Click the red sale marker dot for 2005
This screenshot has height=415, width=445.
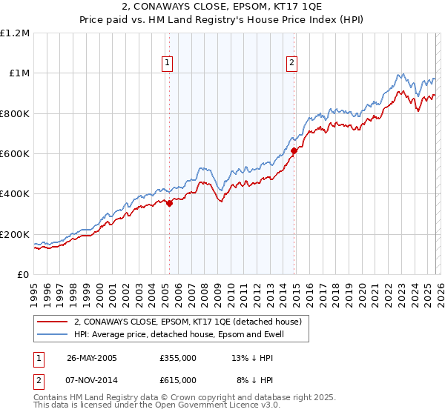coord(169,203)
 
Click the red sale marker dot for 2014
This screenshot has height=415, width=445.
coord(294,150)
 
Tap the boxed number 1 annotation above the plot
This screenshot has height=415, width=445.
coord(168,64)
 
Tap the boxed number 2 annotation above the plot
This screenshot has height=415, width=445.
coord(292,64)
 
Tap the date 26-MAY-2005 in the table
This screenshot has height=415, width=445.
coord(91,358)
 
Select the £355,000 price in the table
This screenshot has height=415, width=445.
coord(178,358)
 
